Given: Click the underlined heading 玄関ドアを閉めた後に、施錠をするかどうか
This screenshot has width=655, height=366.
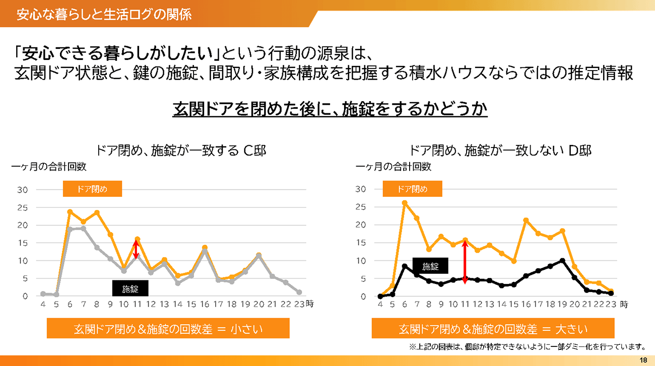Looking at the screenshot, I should point(330,109).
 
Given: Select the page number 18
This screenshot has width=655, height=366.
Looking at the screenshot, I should point(643,360).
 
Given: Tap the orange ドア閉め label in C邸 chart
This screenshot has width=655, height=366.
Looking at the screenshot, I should point(92,189).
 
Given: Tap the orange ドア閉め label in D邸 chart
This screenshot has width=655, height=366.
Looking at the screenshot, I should point(412,189).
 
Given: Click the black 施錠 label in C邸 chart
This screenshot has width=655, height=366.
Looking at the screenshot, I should point(129,288).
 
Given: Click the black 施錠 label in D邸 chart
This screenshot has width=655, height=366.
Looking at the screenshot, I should point(430,266).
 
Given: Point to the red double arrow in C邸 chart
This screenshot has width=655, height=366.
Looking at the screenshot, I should point(135,250).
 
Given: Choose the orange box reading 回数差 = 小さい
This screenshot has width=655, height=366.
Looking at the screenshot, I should point(168,329).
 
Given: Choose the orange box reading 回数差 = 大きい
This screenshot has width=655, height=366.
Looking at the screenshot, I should point(493,329).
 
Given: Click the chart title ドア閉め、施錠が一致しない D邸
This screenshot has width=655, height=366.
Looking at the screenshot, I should point(500,150).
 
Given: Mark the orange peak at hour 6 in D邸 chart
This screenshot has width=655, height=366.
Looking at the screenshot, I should point(404,203).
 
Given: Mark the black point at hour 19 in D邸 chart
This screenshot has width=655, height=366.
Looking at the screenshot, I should point(562,261).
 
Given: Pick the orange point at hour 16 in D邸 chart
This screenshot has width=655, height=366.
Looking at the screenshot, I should point(526,220).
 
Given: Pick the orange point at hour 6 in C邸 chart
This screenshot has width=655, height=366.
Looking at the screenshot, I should point(70,211).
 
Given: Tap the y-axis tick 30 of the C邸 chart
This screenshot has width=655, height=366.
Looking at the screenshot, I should point(22,190).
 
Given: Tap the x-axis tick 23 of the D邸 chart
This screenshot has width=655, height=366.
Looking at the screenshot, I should point(611,304).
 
